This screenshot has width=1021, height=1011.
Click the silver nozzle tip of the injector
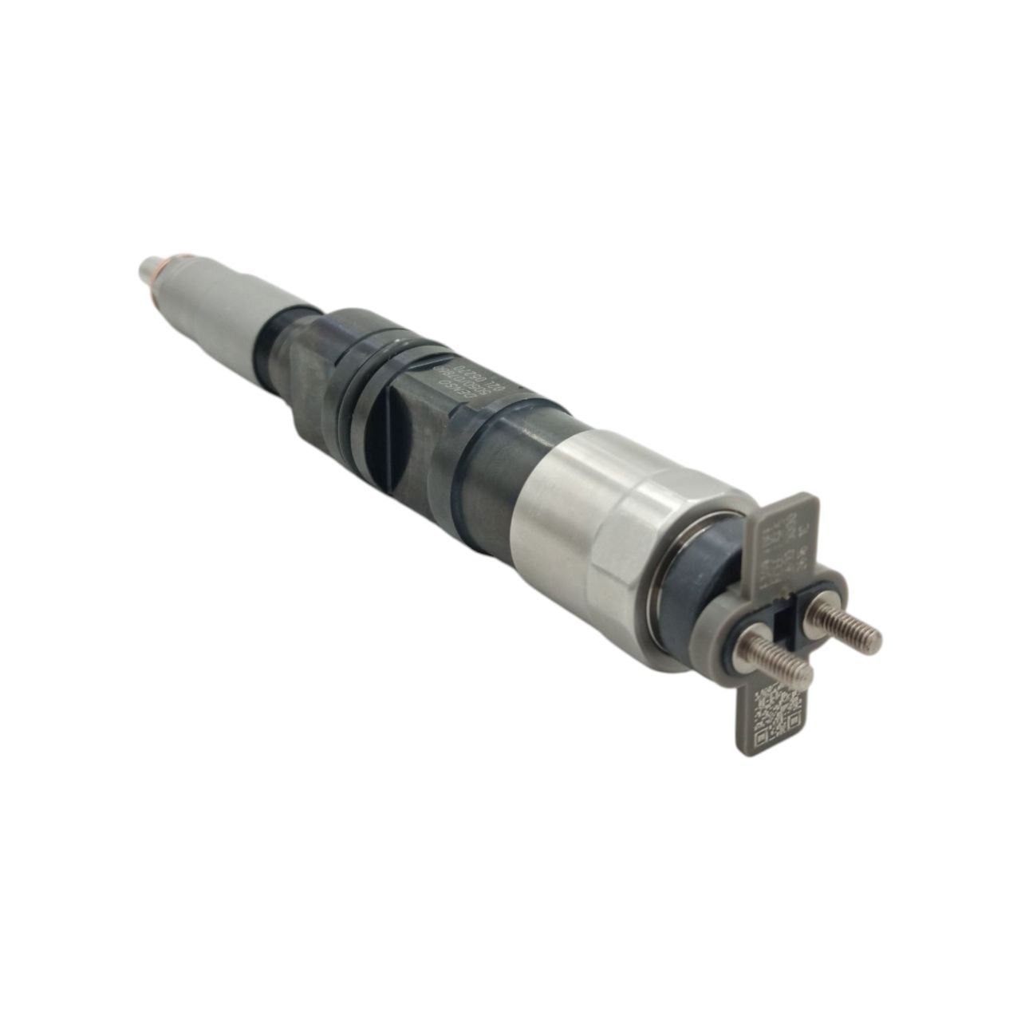click(x=149, y=268)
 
